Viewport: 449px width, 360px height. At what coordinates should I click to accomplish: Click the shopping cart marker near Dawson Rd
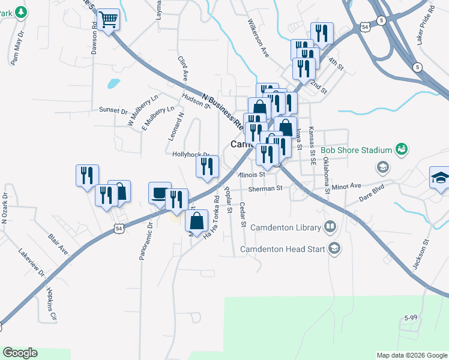coord(109,20)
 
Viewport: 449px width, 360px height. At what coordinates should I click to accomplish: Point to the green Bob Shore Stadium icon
coord(402,149)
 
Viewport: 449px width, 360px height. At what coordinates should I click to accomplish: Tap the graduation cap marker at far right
coord(439,178)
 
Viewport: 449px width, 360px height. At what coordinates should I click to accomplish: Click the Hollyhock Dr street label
coord(190,154)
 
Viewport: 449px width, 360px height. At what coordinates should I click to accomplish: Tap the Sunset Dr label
coord(113,110)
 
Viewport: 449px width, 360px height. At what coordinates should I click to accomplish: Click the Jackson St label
coord(420,257)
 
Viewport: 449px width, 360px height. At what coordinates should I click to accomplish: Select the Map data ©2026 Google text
coord(411,355)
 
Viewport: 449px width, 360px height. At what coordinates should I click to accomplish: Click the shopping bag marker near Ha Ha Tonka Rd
coord(197,221)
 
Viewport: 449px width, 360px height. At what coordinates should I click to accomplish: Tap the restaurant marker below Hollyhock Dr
coord(207,167)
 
